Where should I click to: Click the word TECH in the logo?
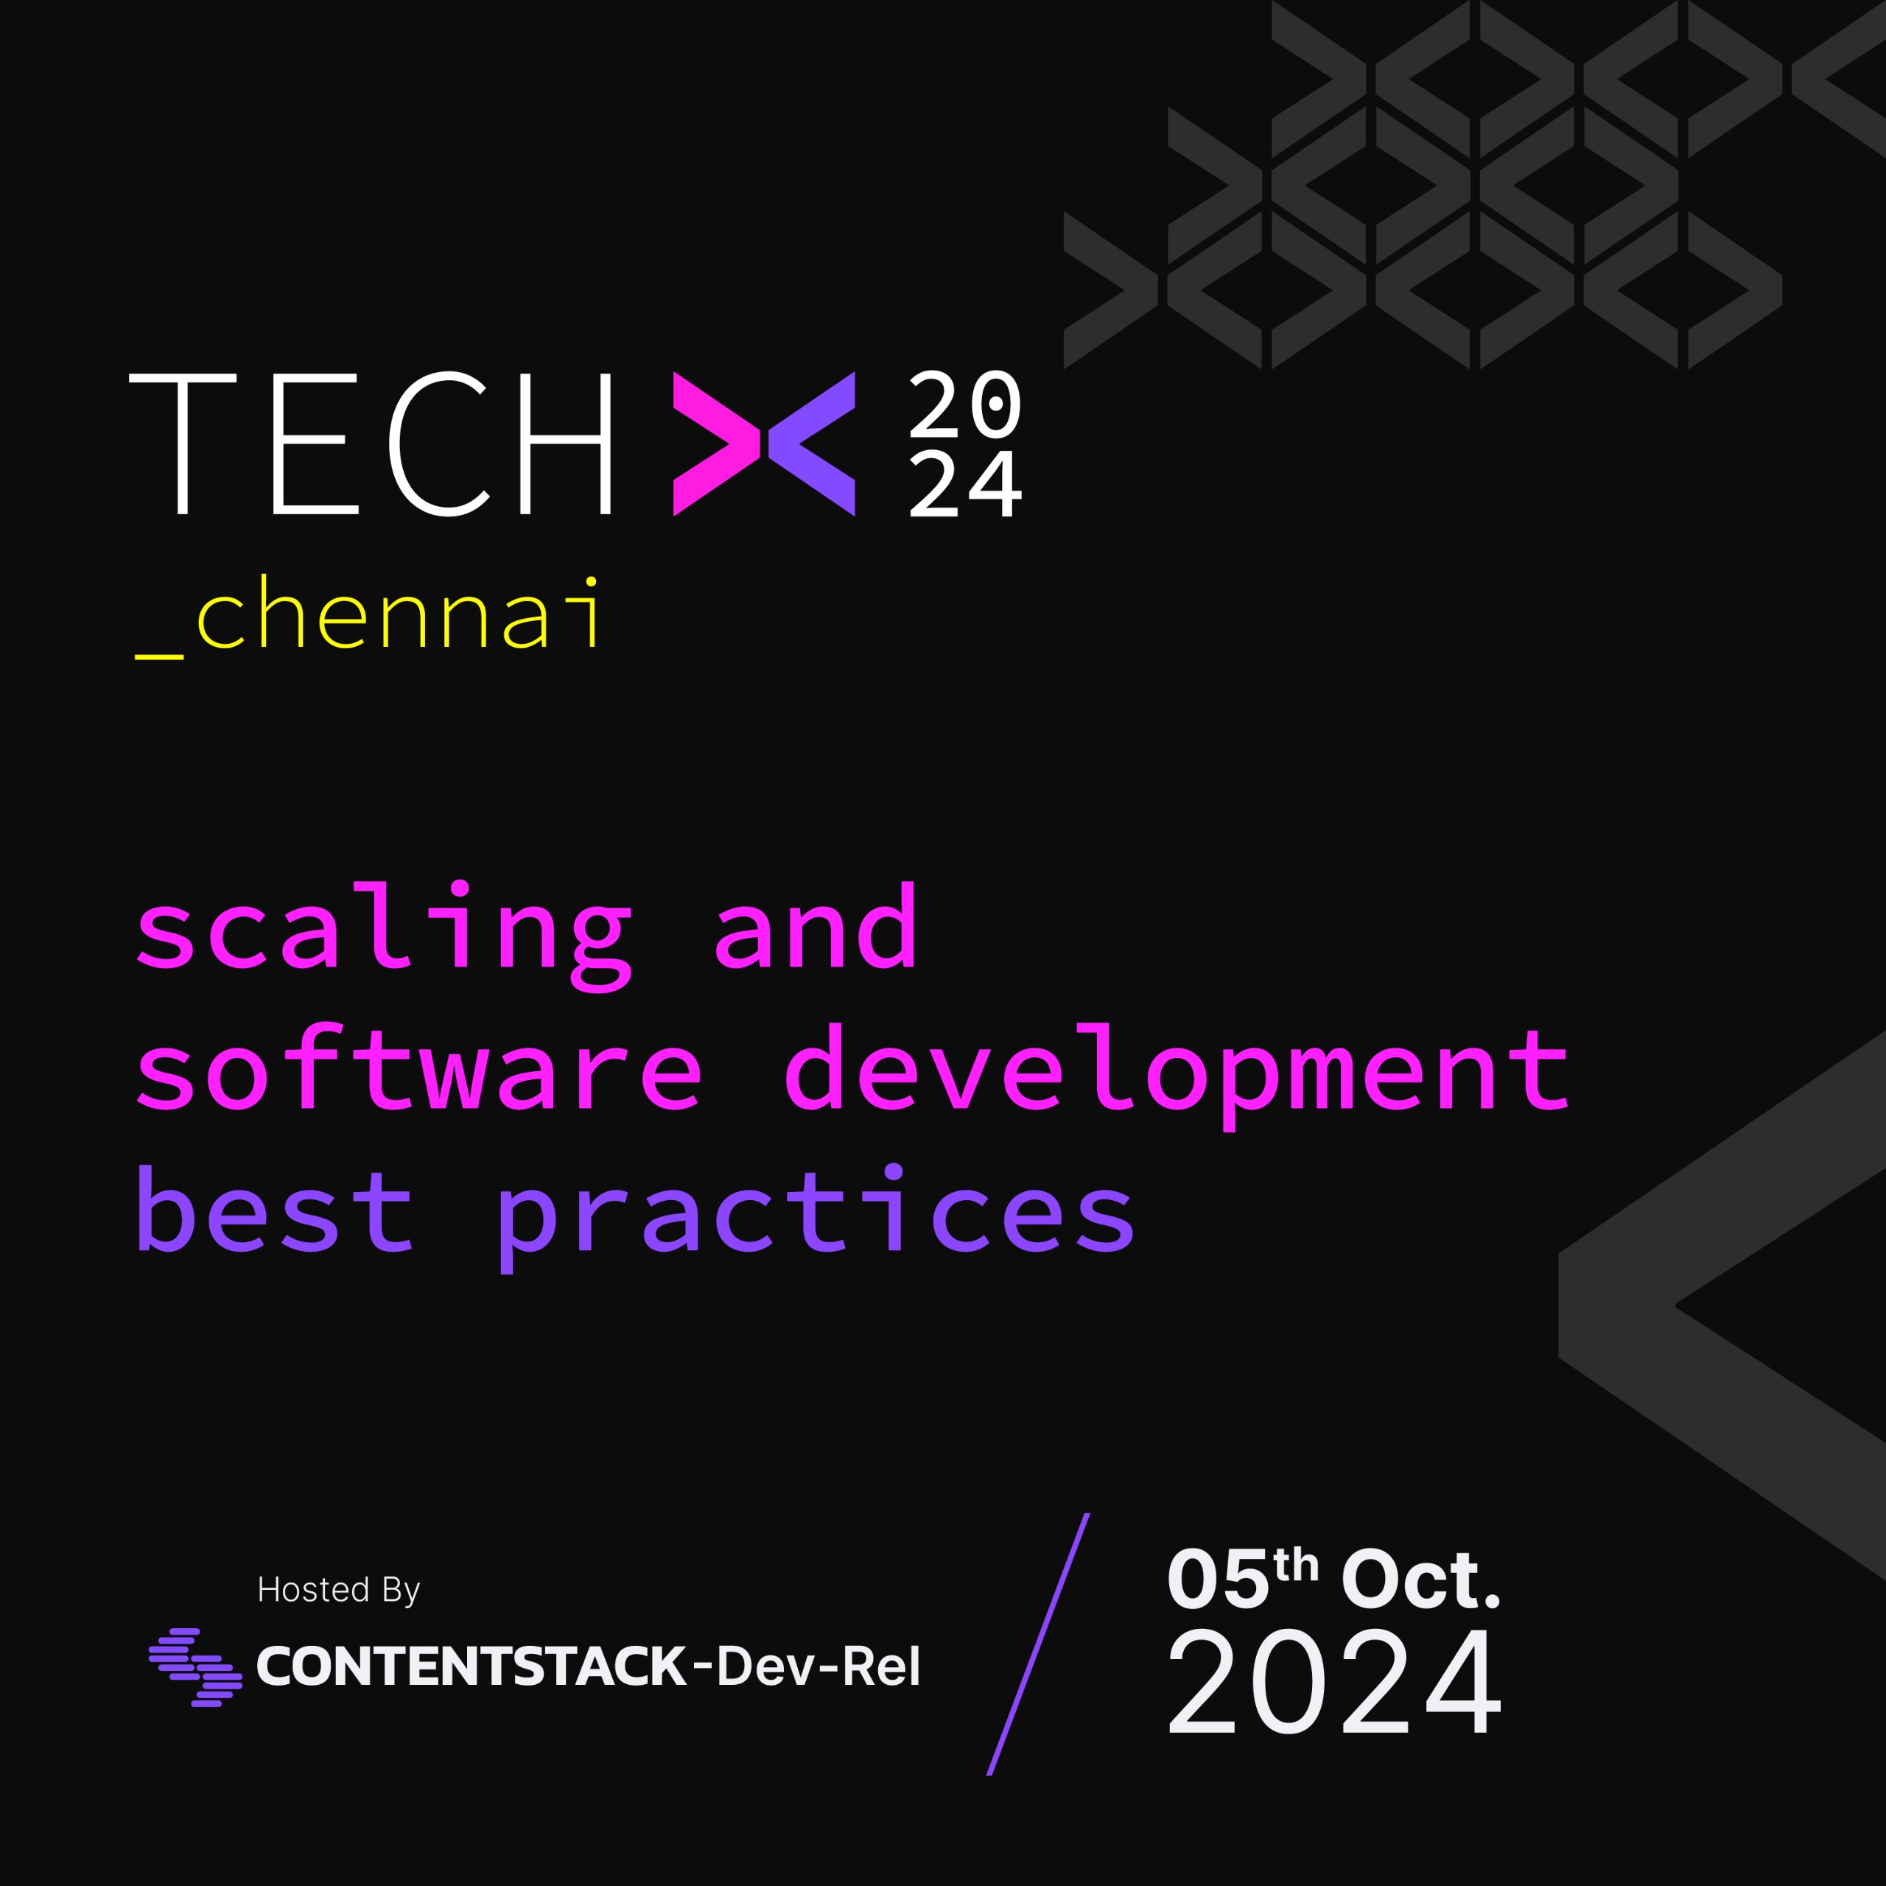371,444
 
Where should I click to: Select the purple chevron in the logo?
812,444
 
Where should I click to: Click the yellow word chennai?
399,613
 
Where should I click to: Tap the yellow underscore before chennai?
159,656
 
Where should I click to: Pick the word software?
418,1066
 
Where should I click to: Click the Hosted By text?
337,1589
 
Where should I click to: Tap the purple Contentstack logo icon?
195,1667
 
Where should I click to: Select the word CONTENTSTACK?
471,1666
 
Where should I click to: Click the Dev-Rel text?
806,1666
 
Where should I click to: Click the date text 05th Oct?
1333,1579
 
